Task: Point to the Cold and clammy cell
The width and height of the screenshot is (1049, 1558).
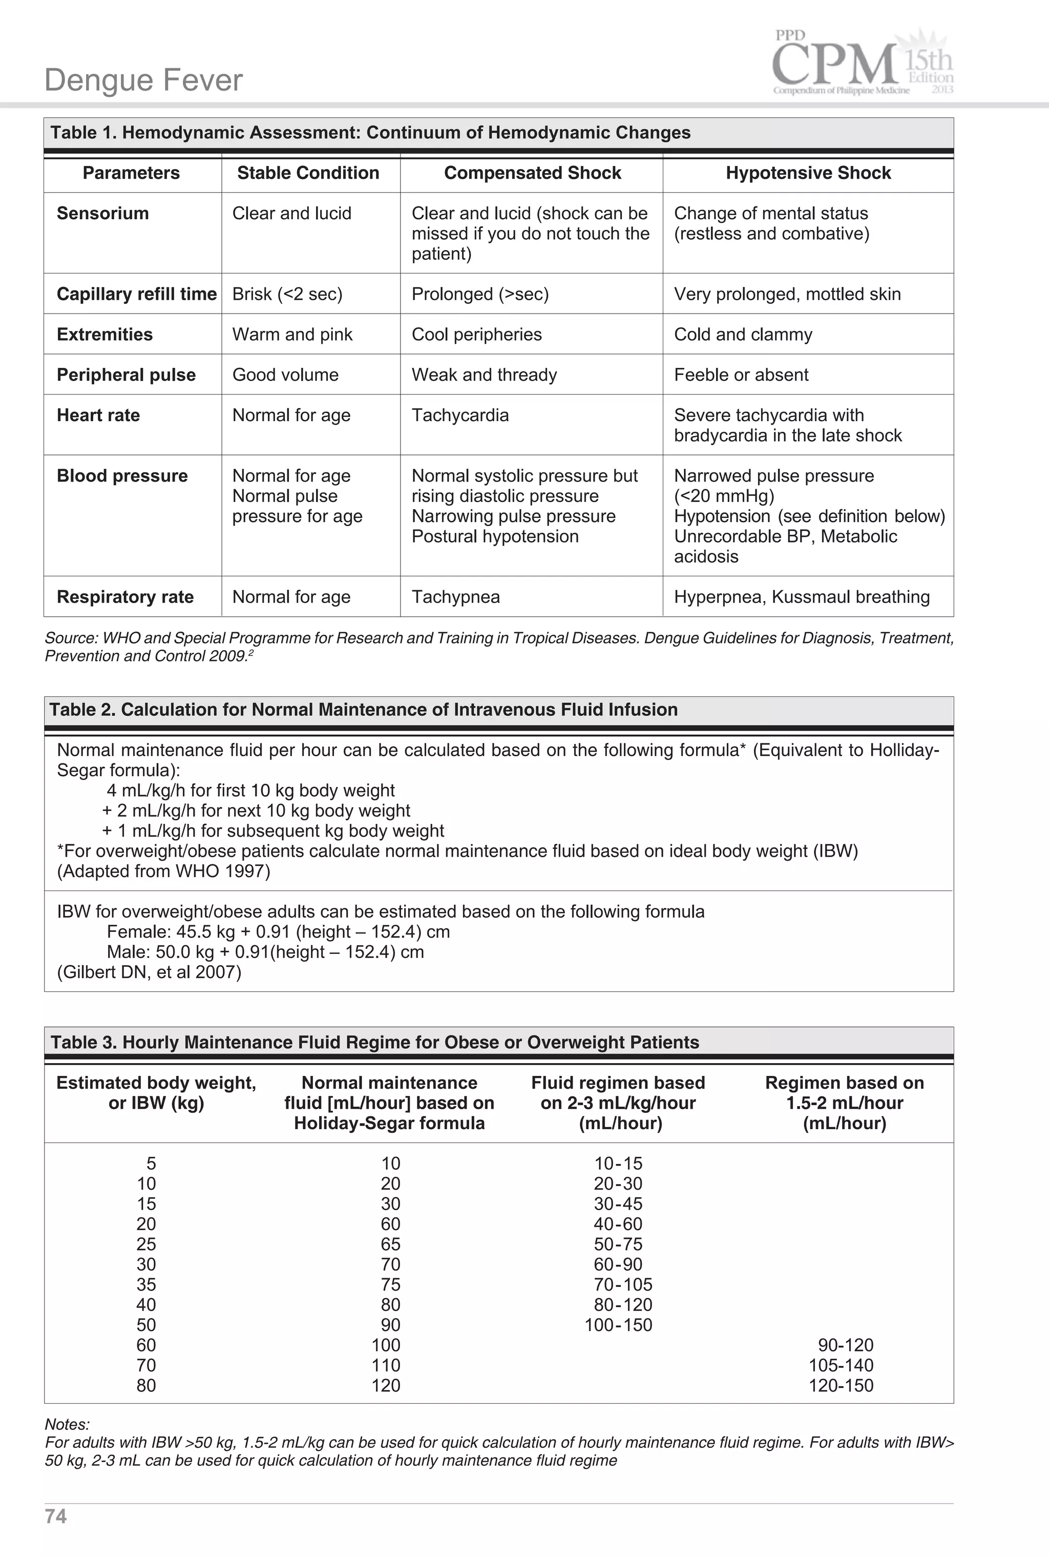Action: click(x=743, y=334)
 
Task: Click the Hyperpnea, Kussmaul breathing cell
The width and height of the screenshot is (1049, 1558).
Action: click(x=802, y=597)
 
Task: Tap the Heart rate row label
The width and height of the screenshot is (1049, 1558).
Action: click(x=98, y=415)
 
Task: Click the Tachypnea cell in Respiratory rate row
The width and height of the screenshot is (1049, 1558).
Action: click(x=455, y=597)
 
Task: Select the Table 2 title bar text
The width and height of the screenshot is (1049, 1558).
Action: click(x=363, y=709)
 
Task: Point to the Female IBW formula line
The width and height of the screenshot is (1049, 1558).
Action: click(x=278, y=931)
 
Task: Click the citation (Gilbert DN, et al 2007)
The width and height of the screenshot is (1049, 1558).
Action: click(x=149, y=971)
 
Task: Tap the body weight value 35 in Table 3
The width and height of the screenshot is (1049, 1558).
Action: click(x=146, y=1284)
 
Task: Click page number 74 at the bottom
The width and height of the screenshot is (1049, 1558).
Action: click(x=55, y=1516)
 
